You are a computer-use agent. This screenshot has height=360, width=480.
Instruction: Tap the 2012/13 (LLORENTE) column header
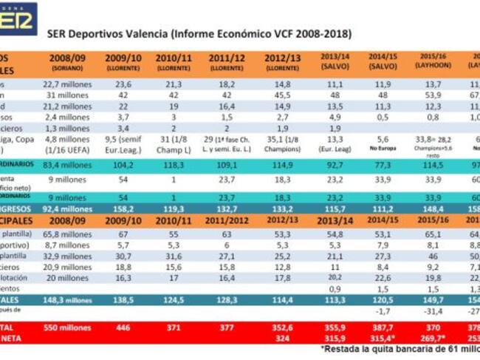(283, 61)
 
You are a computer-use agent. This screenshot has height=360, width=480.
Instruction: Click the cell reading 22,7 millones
(67, 84)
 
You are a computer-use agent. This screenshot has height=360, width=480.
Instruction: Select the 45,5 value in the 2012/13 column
(283, 95)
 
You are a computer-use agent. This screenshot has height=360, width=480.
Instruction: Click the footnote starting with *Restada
(400, 348)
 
